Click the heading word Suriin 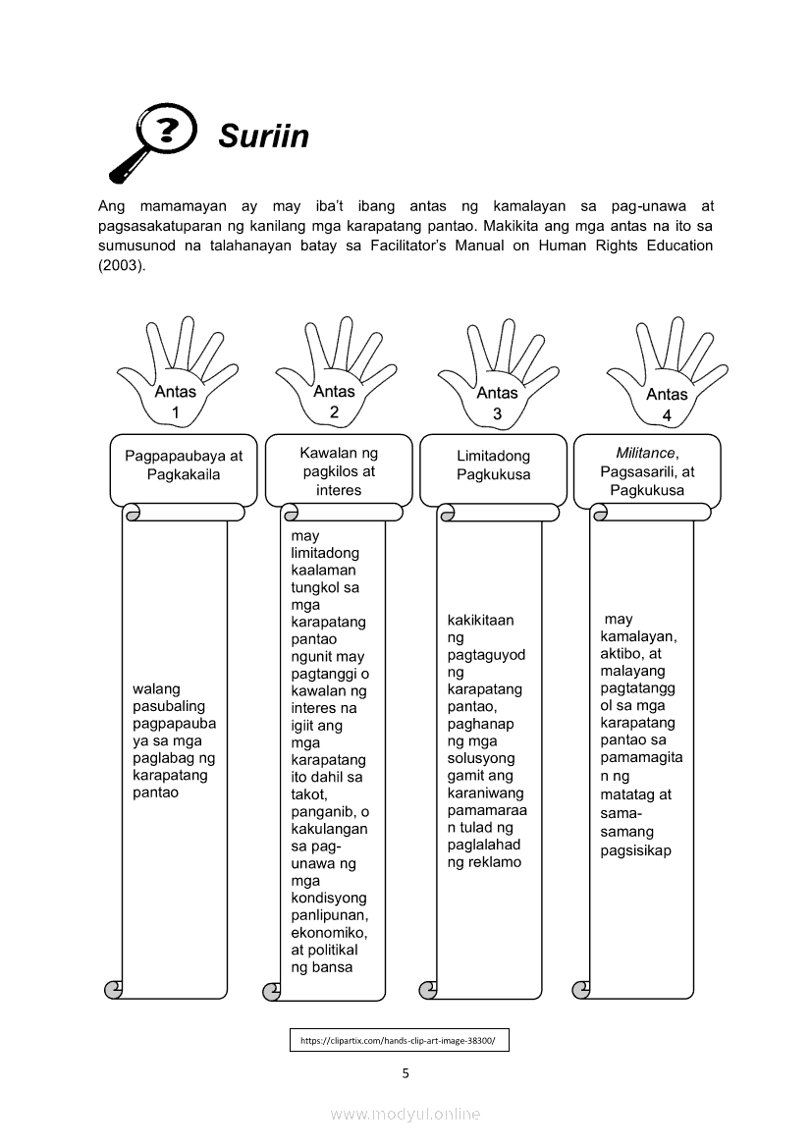(x=263, y=136)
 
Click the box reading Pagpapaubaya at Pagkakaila (x=184, y=465)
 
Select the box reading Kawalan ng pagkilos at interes (x=339, y=471)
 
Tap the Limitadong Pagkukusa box (x=493, y=465)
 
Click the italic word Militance (x=645, y=454)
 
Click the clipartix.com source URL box (x=399, y=1040)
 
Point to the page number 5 (x=405, y=1072)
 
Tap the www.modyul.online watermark (x=405, y=1114)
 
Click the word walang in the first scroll (x=156, y=689)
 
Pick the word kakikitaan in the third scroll (x=480, y=621)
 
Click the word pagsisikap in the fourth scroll (x=636, y=850)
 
